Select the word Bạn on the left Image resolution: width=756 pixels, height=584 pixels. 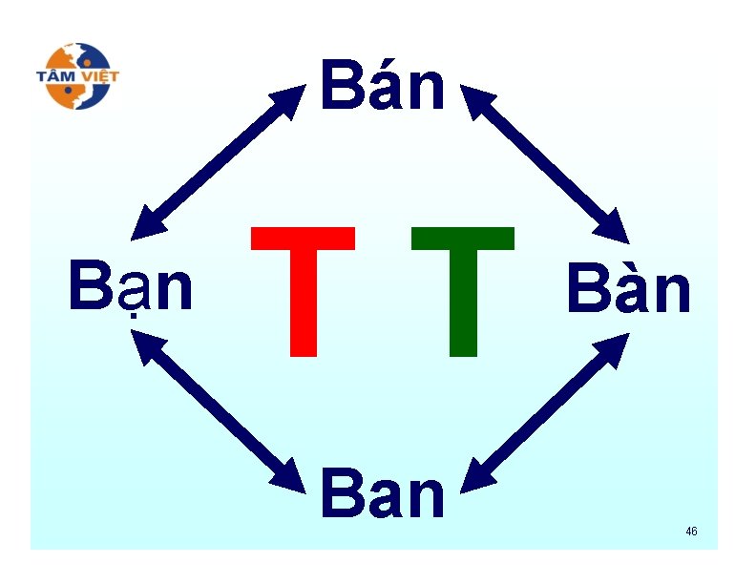(131, 288)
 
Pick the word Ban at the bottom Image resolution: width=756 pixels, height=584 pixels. (383, 493)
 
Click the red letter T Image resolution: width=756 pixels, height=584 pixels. (304, 291)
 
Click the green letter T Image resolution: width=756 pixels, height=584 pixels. (463, 291)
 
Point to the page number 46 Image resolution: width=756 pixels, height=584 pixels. (691, 531)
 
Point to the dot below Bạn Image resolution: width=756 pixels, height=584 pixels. (131, 322)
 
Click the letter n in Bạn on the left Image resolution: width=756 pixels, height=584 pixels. (175, 292)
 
